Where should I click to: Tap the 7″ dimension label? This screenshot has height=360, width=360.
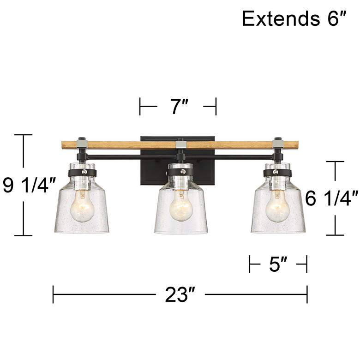click(x=178, y=108)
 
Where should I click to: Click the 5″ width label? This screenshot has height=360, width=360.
click(x=278, y=265)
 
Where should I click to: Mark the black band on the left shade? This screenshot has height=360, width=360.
click(x=84, y=173)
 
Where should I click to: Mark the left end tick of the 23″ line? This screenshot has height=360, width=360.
click(x=54, y=294)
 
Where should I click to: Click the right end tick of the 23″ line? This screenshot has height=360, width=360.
click(x=307, y=294)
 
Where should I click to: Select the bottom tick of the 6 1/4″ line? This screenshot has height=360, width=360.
click(x=336, y=235)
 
